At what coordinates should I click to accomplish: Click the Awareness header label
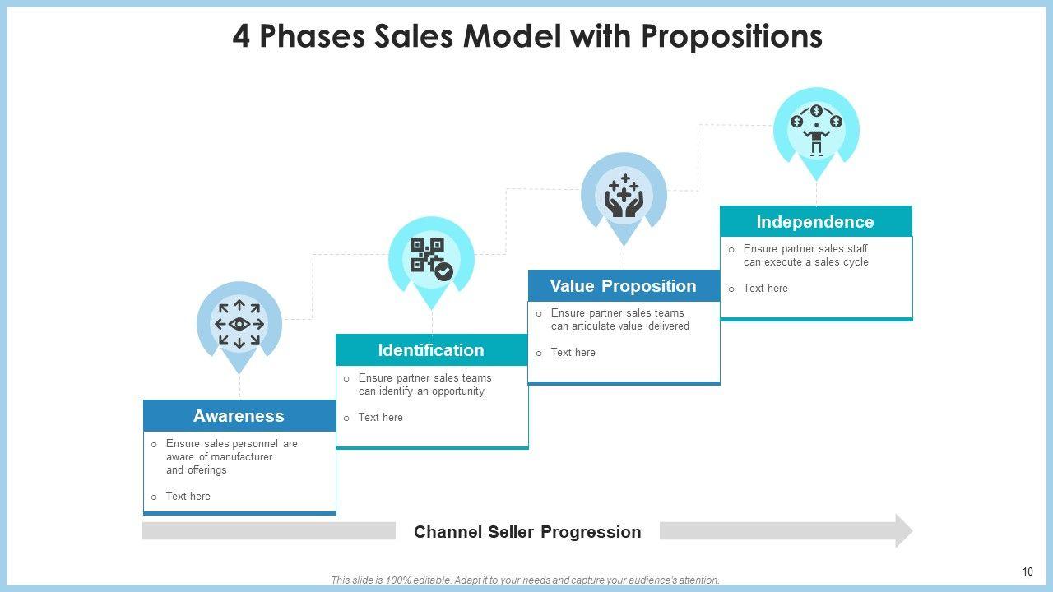[x=239, y=416]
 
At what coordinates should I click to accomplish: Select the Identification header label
[x=431, y=350]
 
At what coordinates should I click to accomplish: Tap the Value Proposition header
[x=624, y=285]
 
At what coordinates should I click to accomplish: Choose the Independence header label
[x=815, y=222]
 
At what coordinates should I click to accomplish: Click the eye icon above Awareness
[x=239, y=324]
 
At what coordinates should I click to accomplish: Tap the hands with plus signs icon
[x=624, y=196]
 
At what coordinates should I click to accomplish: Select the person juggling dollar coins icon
[x=817, y=130]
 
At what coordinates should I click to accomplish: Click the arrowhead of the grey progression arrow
[x=903, y=531]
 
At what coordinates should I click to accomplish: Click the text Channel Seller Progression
[x=527, y=532]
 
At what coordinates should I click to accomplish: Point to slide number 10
[x=1027, y=571]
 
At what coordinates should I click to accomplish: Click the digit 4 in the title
[x=241, y=37]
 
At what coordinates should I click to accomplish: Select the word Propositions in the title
[x=732, y=37]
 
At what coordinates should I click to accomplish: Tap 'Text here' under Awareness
[x=188, y=496]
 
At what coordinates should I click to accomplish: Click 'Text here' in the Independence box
[x=765, y=288]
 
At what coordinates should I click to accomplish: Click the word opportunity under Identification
[x=458, y=391]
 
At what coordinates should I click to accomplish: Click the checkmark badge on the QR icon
[x=443, y=271]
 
